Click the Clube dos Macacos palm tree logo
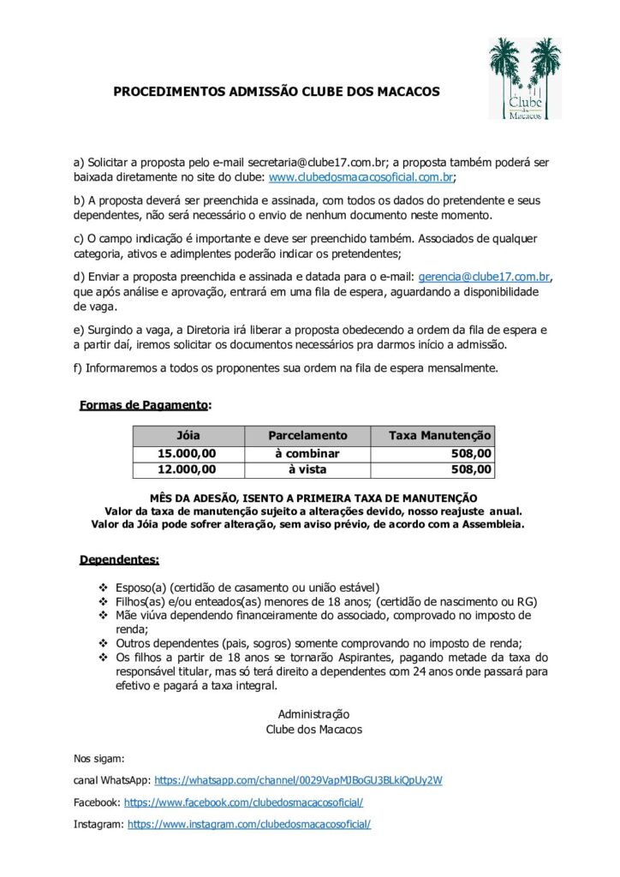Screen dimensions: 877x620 tap(525, 78)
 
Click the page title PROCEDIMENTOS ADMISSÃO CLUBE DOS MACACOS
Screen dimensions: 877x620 tap(276, 91)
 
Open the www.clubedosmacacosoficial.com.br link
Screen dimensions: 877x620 tap(361, 178)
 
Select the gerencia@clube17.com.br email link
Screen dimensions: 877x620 tap(484, 276)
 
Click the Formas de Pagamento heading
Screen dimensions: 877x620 tap(144, 404)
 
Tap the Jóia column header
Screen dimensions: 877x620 tap(188, 436)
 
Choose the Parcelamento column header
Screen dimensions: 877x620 tap(307, 436)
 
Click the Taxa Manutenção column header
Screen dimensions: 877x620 tap(440, 436)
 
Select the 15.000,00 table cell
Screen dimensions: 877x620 tap(188, 453)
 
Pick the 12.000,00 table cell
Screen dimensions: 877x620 tap(188, 469)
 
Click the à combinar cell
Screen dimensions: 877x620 tap(307, 453)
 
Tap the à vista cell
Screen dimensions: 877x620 tap(307, 469)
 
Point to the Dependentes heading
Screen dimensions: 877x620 tap(119, 560)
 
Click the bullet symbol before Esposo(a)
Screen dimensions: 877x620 tap(104, 588)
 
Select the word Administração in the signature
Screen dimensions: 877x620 tap(313, 713)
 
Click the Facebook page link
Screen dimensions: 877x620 tap(244, 802)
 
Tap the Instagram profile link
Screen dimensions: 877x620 tap(249, 824)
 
